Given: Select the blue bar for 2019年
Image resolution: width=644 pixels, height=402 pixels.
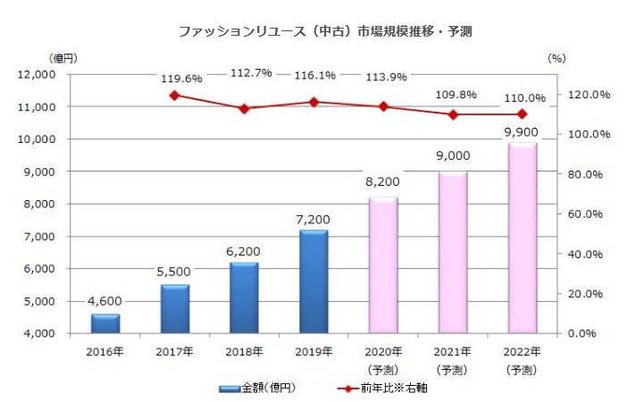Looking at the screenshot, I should pos(314,281).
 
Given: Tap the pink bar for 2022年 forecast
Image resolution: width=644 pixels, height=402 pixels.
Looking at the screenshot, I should pos(523,238).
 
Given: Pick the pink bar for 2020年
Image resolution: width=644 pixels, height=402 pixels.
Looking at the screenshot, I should pos(383,265).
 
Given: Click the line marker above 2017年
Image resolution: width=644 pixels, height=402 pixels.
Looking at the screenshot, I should pos(175,95).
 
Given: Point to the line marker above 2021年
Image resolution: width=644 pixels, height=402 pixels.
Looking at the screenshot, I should pos(453,114).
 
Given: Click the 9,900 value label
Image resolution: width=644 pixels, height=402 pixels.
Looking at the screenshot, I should pos(523,131).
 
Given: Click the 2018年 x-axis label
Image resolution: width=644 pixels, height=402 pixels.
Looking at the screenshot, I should pos(244,351).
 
